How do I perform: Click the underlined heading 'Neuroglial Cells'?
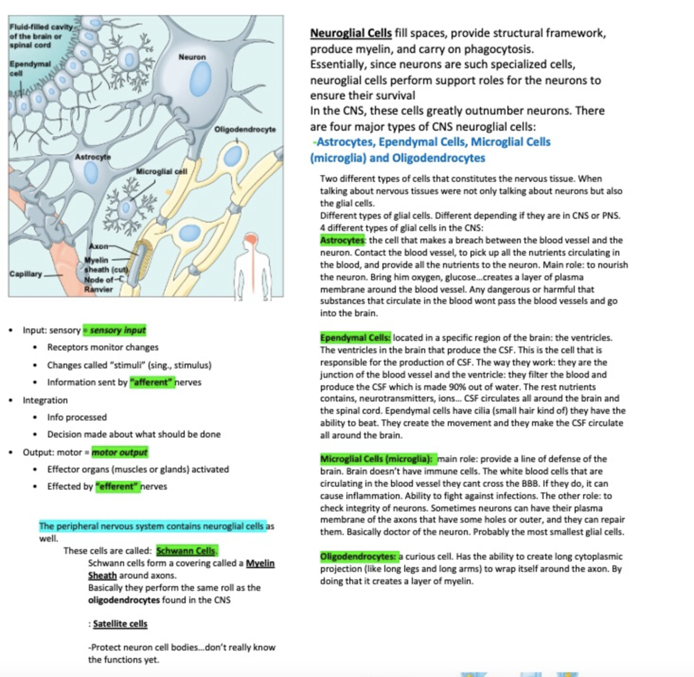pyautogui.click(x=350, y=33)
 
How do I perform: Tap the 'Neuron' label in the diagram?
pyautogui.click(x=192, y=57)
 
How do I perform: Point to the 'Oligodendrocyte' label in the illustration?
pyautogui.click(x=245, y=129)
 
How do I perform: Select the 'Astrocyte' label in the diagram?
pyautogui.click(x=93, y=157)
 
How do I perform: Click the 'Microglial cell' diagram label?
pyautogui.click(x=161, y=171)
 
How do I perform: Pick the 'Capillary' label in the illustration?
pyautogui.click(x=25, y=273)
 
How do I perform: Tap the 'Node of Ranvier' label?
pyautogui.click(x=99, y=284)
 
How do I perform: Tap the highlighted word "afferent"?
pyautogui.click(x=152, y=382)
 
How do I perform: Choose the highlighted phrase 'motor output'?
pyautogui.click(x=120, y=452)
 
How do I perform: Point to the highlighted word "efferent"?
pyautogui.click(x=119, y=486)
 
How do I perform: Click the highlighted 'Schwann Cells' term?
pyautogui.click(x=186, y=551)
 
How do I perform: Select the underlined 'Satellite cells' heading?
pyautogui.click(x=120, y=624)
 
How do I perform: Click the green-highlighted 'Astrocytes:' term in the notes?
pyautogui.click(x=342, y=240)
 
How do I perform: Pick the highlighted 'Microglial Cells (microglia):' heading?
pyautogui.click(x=376, y=459)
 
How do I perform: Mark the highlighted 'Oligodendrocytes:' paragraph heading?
pyautogui.click(x=358, y=557)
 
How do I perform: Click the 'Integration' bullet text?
pyautogui.click(x=45, y=400)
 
